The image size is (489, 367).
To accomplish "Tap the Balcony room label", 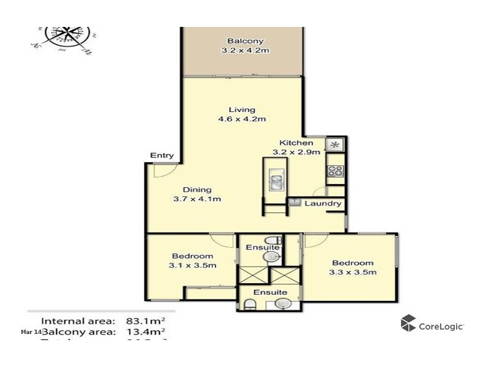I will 244,46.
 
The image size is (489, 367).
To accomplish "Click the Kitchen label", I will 296,147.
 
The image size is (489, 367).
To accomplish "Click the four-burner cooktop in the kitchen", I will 335,171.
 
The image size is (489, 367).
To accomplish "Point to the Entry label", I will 162,156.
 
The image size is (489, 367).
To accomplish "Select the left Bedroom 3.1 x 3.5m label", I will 192,261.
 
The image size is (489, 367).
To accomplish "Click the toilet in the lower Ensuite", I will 249,304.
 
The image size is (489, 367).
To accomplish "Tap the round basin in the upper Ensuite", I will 270,258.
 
